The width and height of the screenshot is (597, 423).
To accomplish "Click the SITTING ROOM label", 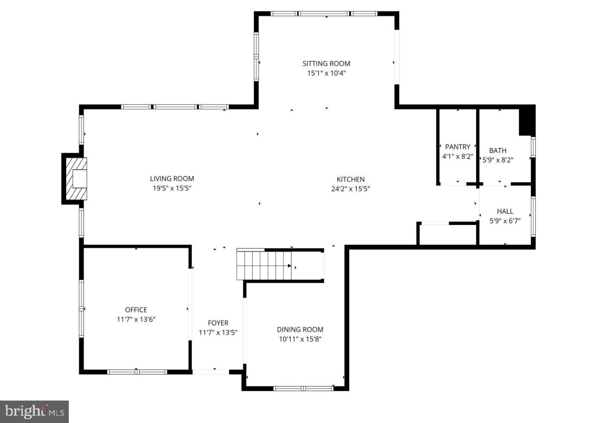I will pos(326,63).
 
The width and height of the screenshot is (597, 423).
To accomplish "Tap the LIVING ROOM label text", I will pos(172,178).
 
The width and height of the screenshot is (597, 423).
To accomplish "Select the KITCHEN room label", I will pos(350,179).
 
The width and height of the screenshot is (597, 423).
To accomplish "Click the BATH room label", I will pos(497,150).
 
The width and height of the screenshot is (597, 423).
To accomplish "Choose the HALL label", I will pos(505,211).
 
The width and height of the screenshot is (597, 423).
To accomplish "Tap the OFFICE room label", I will pos(136,310).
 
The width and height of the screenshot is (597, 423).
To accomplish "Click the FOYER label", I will pos(218,323).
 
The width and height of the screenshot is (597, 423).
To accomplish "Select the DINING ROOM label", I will pos(300,329).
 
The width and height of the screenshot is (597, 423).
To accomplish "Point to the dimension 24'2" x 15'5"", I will pos(350,189).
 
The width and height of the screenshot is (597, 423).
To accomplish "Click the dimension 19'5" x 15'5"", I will pos(172,188).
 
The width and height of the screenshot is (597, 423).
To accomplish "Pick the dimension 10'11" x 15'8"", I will pos(300,339).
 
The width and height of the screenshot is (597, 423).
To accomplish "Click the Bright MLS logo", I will pos(34,412).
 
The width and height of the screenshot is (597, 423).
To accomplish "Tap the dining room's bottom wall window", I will pos(303,388).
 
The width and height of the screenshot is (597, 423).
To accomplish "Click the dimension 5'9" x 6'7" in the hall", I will pos(505,221).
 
